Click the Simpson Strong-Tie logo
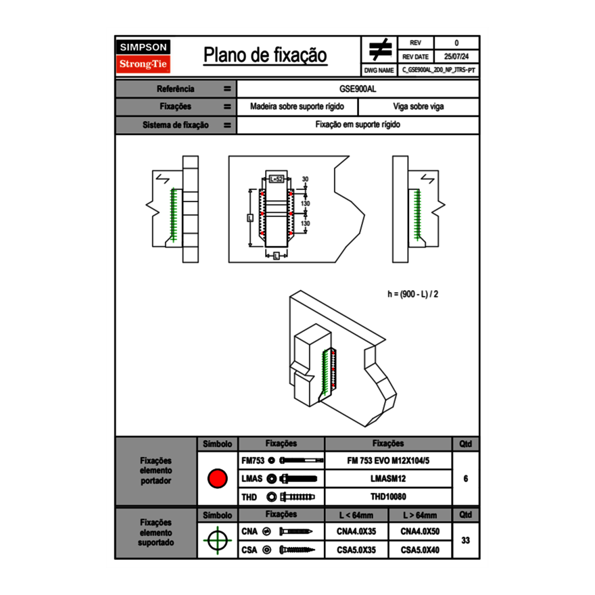coord(143,56)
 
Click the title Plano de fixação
coord(265,55)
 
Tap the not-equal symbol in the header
coord(379,50)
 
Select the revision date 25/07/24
coord(456,57)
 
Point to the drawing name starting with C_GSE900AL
coord(438,70)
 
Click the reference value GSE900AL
coord(358,89)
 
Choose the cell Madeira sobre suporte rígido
coord(297,107)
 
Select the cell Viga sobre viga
coord(418,107)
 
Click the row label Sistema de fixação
coord(176,125)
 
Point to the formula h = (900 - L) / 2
coord(416,294)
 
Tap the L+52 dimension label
coord(276,179)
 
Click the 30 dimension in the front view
coord(305,179)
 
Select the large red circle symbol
coord(217,478)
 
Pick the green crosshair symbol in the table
coord(217,540)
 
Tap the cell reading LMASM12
coord(388,478)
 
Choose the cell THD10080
coord(388,497)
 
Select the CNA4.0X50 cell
coord(420,531)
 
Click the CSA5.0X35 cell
coord(356,550)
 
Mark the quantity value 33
coord(465,540)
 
